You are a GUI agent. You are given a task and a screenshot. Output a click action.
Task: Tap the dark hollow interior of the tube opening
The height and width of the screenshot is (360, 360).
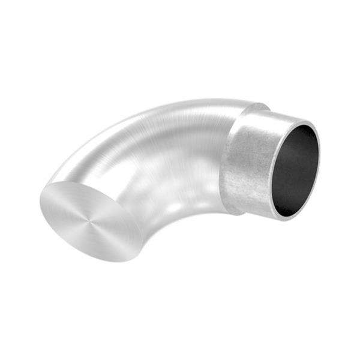(x=296, y=171)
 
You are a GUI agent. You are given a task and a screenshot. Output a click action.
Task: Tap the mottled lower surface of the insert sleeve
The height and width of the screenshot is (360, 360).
(x=252, y=198)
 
